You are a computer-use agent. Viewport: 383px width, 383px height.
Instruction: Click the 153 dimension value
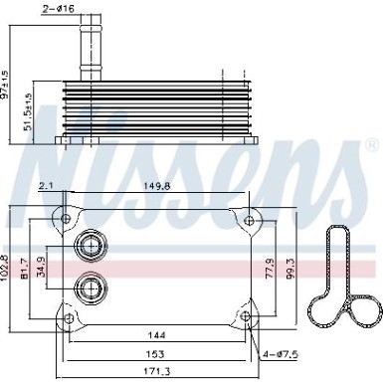pos(155,354)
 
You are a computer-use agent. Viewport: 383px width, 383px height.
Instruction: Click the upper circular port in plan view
pos(92,246)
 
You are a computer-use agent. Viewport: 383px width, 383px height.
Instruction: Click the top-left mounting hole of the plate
pos(68,218)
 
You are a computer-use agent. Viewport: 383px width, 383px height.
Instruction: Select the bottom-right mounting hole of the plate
pos(246,317)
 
